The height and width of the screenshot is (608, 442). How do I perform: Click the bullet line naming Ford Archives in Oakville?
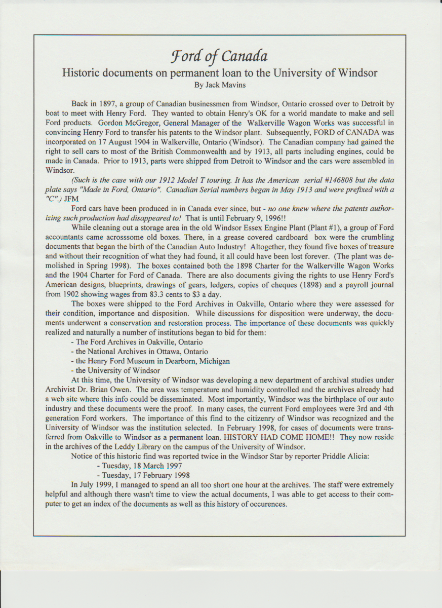(137, 342)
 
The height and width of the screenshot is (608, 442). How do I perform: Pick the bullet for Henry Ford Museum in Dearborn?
(150, 361)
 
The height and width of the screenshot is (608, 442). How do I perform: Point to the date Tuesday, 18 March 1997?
(139, 466)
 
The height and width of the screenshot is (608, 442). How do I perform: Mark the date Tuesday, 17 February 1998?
(143, 475)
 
